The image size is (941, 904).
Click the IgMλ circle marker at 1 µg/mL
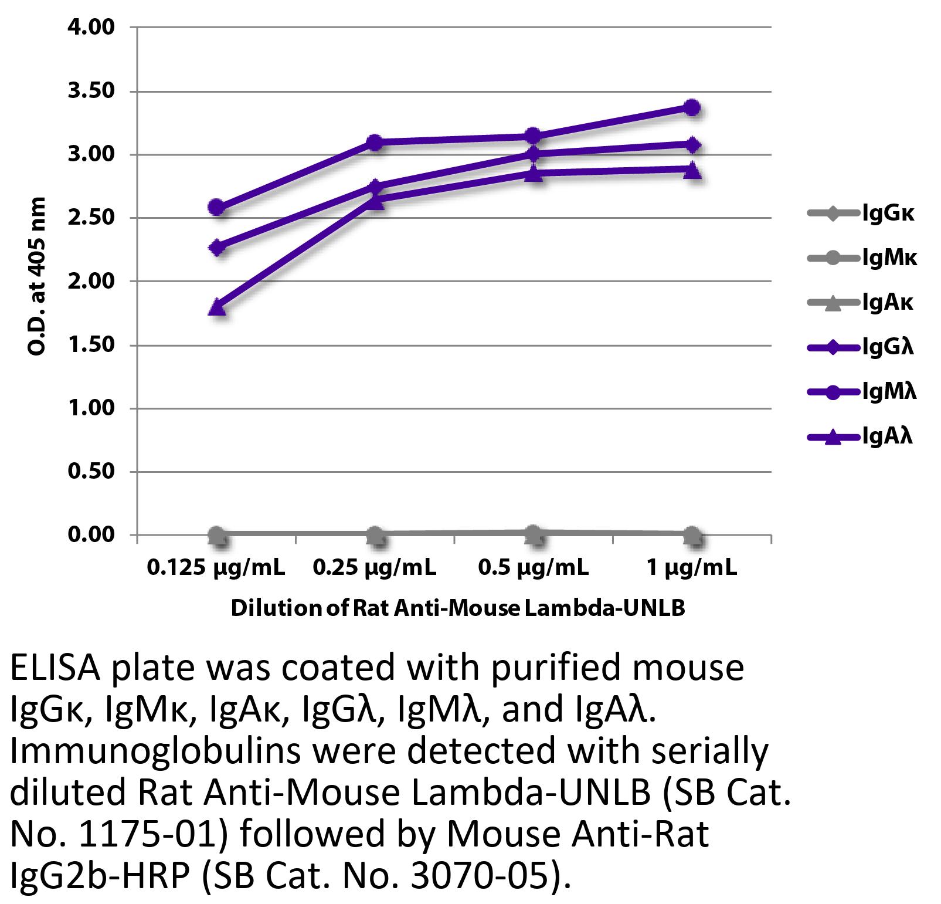692,107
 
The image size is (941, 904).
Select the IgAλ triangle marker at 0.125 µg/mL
217,307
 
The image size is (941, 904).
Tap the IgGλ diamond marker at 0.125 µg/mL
217,247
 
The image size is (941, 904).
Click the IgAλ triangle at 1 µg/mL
692,170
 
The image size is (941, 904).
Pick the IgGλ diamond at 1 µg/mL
692,144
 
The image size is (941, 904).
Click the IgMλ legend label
889,391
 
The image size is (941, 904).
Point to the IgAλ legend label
887,436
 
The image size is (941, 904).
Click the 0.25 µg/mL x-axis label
375,567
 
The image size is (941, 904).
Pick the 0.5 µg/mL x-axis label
533,567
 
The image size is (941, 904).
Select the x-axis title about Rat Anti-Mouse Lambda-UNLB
457,608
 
